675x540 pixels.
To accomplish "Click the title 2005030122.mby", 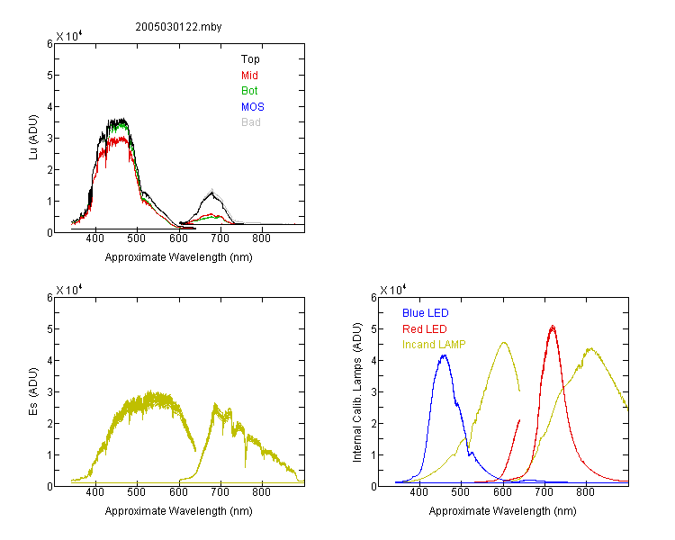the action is point(178,27).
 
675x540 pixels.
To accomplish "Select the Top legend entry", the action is point(250,59).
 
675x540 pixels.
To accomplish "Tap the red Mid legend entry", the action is point(249,76).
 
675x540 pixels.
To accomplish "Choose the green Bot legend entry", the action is point(249,91).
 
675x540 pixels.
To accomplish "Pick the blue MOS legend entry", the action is point(252,107).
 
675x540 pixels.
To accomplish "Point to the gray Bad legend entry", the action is point(250,122).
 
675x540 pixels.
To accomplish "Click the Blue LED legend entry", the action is point(426,313).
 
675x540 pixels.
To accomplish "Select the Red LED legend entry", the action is point(425,329).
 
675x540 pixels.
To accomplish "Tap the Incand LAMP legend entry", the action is point(434,345).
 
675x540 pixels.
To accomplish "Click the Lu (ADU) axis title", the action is point(33,138).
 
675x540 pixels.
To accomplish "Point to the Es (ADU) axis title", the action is point(33,391).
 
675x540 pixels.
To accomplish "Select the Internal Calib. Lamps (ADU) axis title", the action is point(357,392).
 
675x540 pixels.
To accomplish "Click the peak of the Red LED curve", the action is point(553,327).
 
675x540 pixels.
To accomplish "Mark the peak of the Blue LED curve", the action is point(444,355).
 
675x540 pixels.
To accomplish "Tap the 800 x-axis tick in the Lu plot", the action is point(261,238).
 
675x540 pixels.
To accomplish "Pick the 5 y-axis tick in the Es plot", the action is point(49,329).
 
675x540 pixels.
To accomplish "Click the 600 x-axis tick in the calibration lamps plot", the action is point(502,492).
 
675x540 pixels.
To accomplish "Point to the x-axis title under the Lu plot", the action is point(179,257).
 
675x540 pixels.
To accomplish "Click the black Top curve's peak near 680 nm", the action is point(211,193).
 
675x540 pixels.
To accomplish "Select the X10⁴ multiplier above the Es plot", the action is point(69,290).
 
